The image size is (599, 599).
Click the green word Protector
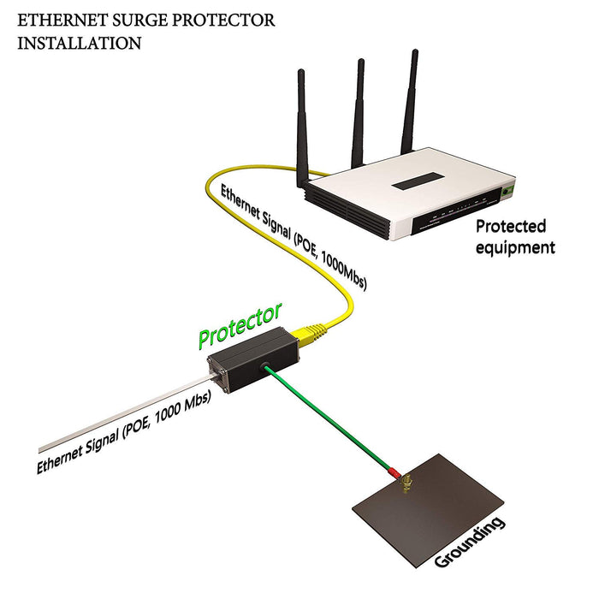(x=240, y=325)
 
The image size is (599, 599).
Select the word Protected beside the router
(x=511, y=227)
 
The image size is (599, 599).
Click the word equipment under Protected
(x=515, y=247)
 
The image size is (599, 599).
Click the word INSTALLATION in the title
(x=80, y=43)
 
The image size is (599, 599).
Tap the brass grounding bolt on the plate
(x=409, y=486)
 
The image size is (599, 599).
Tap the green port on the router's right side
(x=509, y=189)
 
